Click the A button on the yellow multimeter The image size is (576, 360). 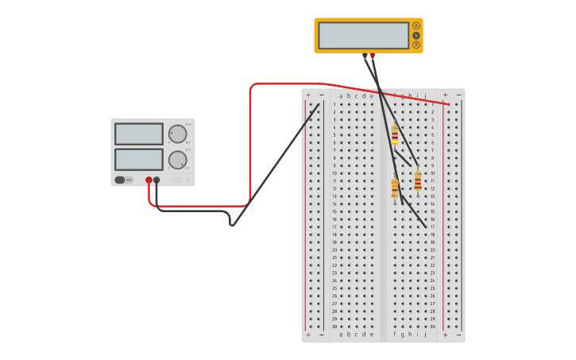pyautogui.click(x=416, y=25)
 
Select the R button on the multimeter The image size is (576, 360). pyautogui.click(x=416, y=45)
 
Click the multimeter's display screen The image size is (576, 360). pyautogui.click(x=363, y=35)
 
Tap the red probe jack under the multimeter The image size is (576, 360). pyautogui.click(x=372, y=56)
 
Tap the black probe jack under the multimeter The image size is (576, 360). pyautogui.click(x=365, y=56)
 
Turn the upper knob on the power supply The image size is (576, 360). pyautogui.click(x=177, y=134)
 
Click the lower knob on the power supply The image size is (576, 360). pyautogui.click(x=177, y=160)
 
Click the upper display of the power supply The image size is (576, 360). pyautogui.click(x=139, y=134)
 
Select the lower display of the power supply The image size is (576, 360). pyautogui.click(x=139, y=159)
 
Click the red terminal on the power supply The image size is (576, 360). pyautogui.click(x=149, y=180)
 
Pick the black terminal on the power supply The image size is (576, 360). pyautogui.click(x=157, y=180)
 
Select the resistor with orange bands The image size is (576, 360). pyautogui.click(x=395, y=188)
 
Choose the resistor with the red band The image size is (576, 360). pyautogui.click(x=418, y=182)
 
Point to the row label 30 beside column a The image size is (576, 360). pyautogui.click(x=334, y=326)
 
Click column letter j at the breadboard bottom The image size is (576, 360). pyautogui.click(x=425, y=335)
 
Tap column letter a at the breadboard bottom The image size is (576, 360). pyautogui.click(x=342, y=335)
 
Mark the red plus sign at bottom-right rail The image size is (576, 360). pyautogui.click(x=445, y=335)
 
